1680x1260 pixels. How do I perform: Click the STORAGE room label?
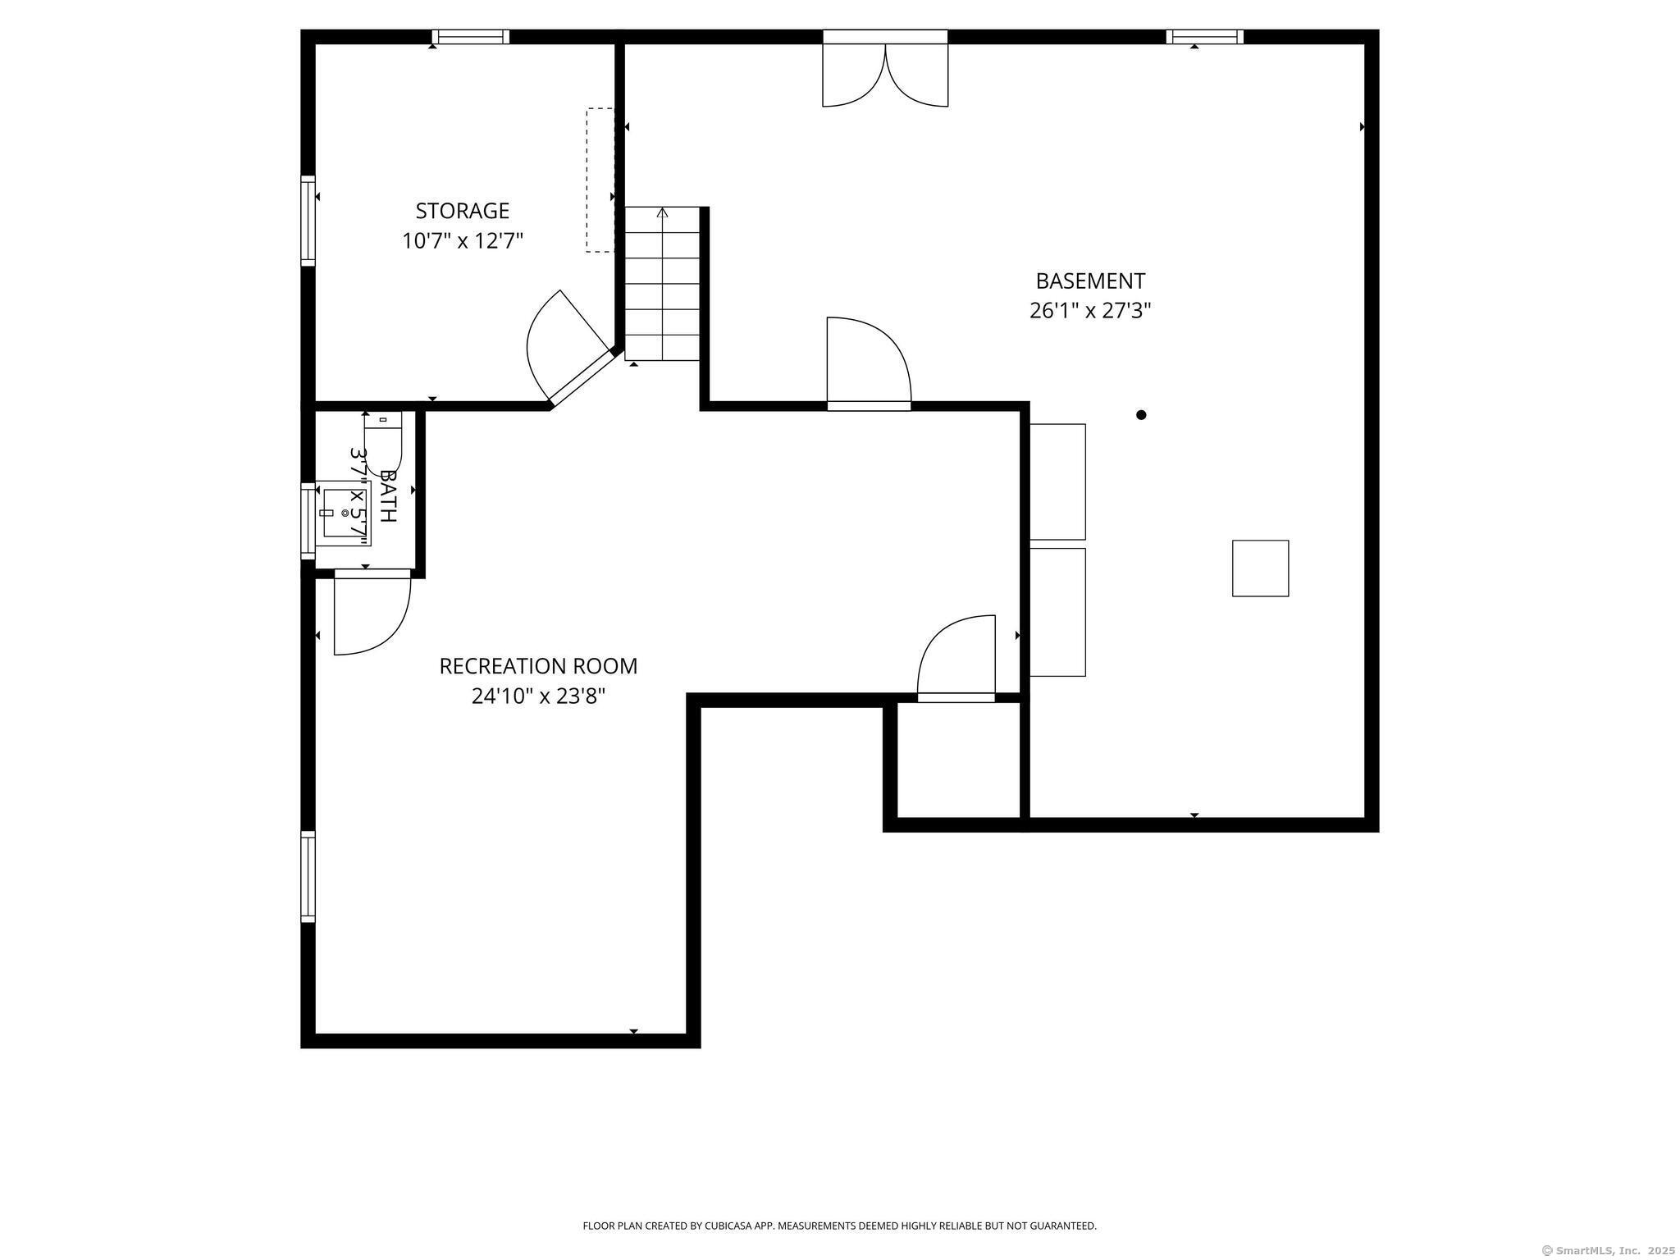(462, 211)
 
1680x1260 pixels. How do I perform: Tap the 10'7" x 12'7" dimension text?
(462, 241)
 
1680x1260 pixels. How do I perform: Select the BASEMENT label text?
(1090, 281)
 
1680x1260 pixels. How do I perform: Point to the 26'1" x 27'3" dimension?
(1090, 311)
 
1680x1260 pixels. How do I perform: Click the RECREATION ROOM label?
(538, 666)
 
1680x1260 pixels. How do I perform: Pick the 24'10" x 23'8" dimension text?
(538, 696)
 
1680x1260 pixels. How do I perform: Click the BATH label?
(388, 496)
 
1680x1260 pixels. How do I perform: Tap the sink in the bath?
(343, 514)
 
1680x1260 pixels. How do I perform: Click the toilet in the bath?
(383, 443)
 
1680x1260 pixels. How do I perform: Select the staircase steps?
(663, 284)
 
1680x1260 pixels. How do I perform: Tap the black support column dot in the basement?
(1141, 415)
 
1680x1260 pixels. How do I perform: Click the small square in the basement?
(1260, 568)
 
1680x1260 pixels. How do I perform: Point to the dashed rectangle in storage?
(600, 180)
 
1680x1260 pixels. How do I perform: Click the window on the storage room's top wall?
(471, 36)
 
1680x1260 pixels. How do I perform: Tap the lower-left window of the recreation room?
(308, 877)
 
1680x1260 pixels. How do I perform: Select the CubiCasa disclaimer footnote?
(839, 1226)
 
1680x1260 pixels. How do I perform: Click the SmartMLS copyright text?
(1609, 1251)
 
